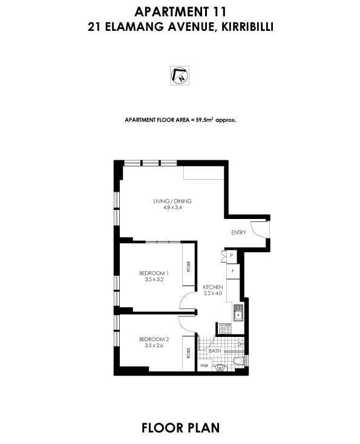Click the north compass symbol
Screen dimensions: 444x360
pyautogui.click(x=180, y=75)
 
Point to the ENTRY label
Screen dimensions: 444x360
pyautogui.click(x=238, y=232)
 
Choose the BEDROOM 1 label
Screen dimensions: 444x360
pyautogui.click(x=154, y=273)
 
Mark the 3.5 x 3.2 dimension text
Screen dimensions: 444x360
pyautogui.click(x=154, y=280)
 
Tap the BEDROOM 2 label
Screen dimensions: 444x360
pyautogui.click(x=154, y=339)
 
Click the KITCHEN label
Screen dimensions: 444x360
pyautogui.click(x=213, y=287)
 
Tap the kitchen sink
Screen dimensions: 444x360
pyautogui.click(x=238, y=313)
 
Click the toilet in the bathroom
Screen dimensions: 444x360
pyautogui.click(x=238, y=362)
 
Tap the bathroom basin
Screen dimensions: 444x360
pyautogui.click(x=220, y=366)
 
